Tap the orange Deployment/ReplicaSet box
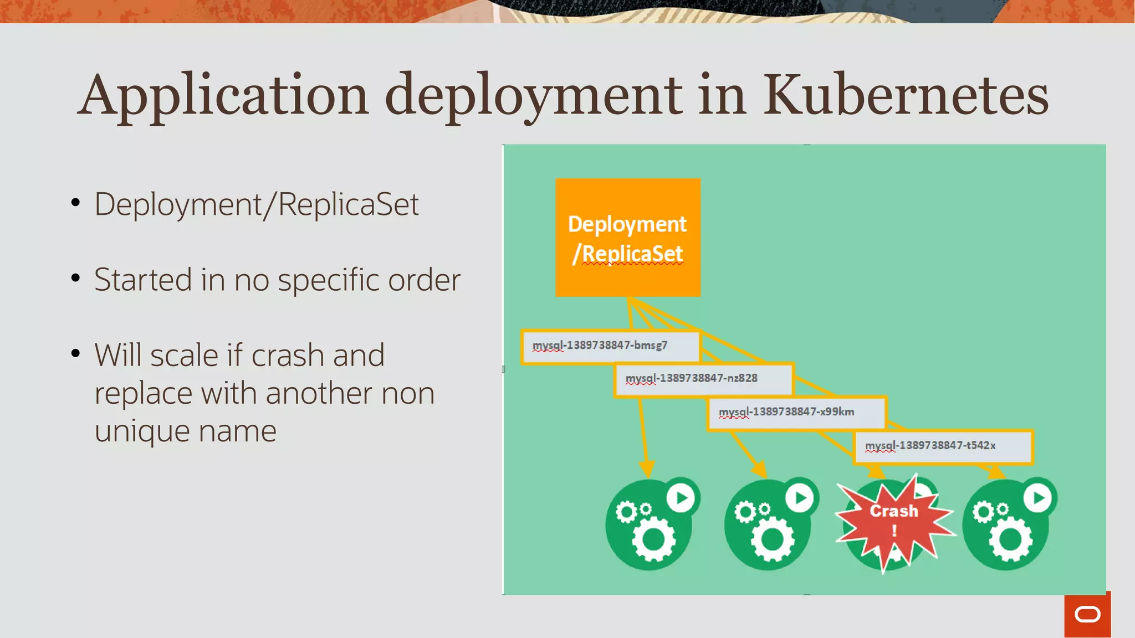pos(627,238)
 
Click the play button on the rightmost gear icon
pos(1037,498)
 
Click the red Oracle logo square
pos(1087,615)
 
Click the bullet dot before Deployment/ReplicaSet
pos(76,203)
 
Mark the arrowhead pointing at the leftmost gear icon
pos(647,469)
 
